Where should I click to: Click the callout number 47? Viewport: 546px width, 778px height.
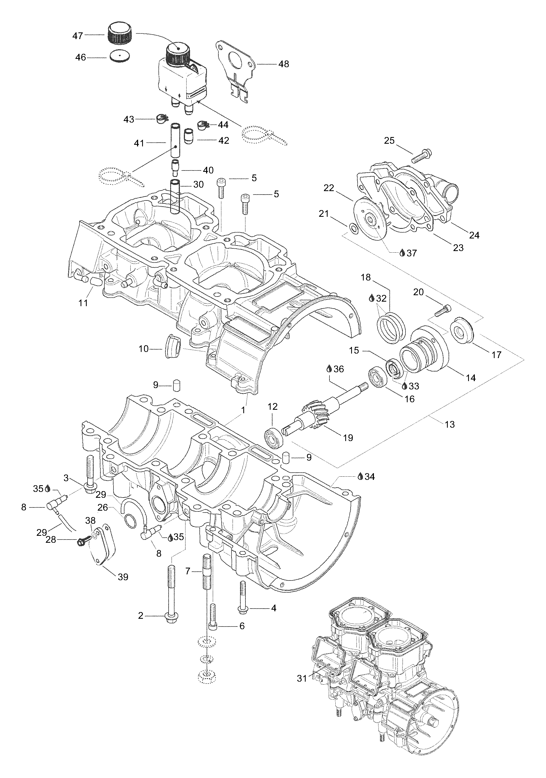(78, 35)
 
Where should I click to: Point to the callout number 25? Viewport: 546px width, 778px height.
(389, 140)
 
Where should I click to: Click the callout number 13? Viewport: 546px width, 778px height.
(449, 424)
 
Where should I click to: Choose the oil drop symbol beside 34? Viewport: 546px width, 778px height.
(360, 476)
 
